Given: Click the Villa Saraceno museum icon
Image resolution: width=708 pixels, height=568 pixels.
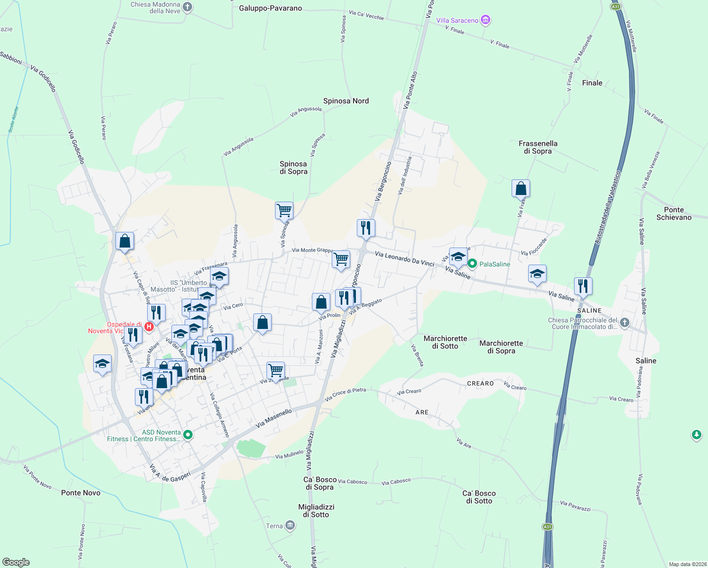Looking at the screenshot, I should pyautogui.click(x=485, y=20).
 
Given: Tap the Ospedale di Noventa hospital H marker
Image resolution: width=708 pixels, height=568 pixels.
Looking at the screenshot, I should pyautogui.click(x=149, y=327).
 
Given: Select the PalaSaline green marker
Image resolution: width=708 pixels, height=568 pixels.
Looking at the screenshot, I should pyautogui.click(x=472, y=264).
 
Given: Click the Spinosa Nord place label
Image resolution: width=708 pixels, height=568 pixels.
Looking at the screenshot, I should pyautogui.click(x=346, y=101).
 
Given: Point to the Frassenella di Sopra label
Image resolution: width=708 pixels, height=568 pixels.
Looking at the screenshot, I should pyautogui.click(x=538, y=147).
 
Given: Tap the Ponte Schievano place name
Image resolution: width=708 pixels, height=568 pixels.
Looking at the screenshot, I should pyautogui.click(x=674, y=213).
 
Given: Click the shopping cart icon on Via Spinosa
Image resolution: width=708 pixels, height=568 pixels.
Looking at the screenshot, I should pyautogui.click(x=284, y=210).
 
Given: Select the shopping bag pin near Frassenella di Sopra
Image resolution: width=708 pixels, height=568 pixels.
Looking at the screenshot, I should pyautogui.click(x=521, y=188).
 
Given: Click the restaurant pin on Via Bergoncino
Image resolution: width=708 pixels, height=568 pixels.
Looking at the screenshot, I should pyautogui.click(x=366, y=228).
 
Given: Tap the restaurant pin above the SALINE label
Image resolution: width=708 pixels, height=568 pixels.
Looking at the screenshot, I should pyautogui.click(x=583, y=286).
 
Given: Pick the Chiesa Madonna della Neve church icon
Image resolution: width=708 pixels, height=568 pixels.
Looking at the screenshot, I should pyautogui.click(x=187, y=7).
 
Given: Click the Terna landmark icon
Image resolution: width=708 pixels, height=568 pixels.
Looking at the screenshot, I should pyautogui.click(x=290, y=526).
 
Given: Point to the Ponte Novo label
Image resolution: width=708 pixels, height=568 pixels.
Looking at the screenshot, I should pyautogui.click(x=81, y=493).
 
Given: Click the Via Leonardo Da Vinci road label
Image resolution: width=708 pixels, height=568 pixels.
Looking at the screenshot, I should pyautogui.click(x=404, y=259).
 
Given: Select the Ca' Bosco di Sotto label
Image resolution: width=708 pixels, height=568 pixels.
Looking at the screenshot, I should pyautogui.click(x=479, y=497).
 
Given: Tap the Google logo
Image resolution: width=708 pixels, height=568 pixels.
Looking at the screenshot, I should pyautogui.click(x=16, y=562).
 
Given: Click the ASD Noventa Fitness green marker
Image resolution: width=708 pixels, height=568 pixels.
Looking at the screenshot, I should pyautogui.click(x=188, y=435).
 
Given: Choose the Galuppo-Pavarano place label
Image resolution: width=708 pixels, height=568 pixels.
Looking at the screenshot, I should pyautogui.click(x=270, y=8).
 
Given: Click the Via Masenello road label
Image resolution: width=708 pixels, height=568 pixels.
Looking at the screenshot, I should pyautogui.click(x=274, y=418).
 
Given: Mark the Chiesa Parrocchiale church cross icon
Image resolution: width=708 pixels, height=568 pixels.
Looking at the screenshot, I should pyautogui.click(x=625, y=323).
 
